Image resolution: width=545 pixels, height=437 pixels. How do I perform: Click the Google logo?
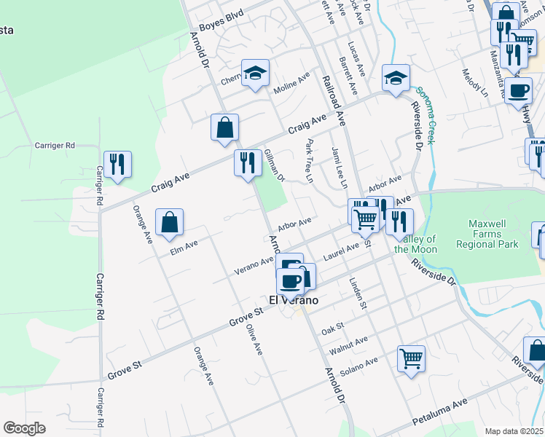tap(25, 428)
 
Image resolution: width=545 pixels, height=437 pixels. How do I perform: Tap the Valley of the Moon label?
tap(415, 244)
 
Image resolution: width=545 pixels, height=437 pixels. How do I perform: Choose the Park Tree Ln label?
tap(310, 160)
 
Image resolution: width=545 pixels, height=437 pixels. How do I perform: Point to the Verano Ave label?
tap(254, 267)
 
